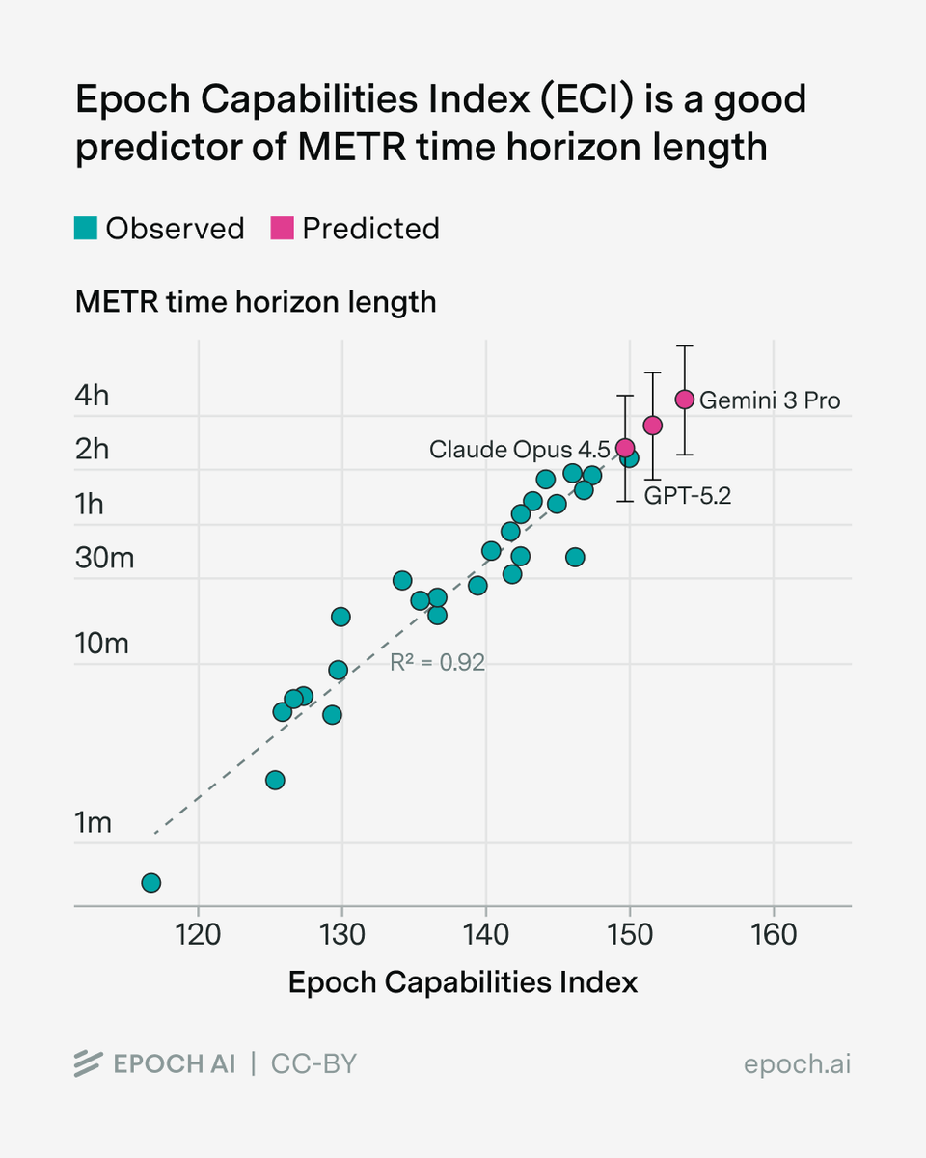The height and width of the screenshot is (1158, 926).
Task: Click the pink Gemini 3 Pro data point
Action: tap(685, 400)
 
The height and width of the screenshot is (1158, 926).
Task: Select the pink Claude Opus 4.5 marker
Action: tap(625, 448)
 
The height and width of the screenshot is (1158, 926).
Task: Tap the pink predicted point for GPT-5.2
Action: tap(653, 426)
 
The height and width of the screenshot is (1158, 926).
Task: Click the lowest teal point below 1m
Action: tap(151, 883)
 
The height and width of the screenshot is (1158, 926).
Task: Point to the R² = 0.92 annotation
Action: tap(437, 663)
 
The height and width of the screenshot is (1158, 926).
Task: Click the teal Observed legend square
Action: tap(86, 229)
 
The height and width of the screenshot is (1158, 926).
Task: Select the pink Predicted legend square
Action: tap(283, 229)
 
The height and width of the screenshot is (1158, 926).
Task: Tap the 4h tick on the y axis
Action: tap(93, 396)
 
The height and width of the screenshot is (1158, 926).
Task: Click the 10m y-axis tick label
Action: tap(101, 643)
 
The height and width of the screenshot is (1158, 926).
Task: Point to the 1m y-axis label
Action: tap(94, 822)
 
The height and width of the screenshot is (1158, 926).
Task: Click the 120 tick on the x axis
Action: tap(198, 934)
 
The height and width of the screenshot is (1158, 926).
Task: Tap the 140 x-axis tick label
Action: tap(485, 934)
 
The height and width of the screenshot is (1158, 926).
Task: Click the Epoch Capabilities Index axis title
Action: tap(463, 982)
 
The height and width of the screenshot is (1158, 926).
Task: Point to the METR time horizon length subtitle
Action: tap(256, 302)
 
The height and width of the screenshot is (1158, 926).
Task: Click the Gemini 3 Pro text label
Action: tap(770, 400)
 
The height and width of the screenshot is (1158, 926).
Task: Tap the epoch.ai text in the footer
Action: tap(798, 1064)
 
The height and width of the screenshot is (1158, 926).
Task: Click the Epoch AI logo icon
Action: tap(89, 1063)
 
